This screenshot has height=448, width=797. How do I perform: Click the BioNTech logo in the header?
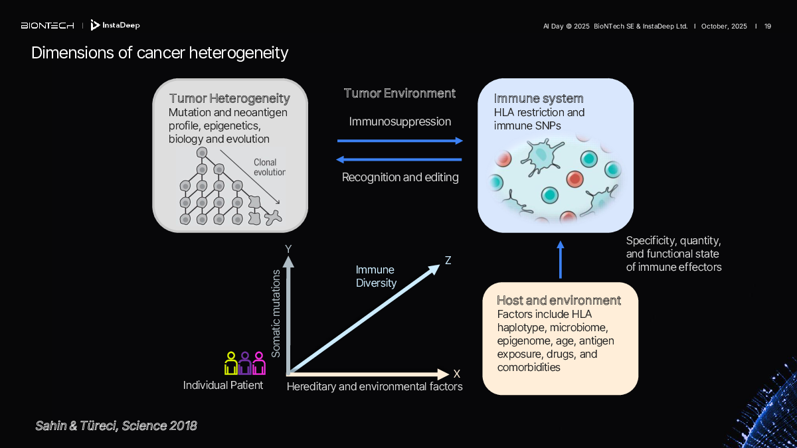46,26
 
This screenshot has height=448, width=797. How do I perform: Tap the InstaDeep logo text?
120,26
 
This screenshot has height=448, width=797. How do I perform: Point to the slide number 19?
768,26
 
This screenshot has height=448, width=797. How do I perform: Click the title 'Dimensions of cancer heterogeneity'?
159,52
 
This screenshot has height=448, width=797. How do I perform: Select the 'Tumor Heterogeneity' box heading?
229,99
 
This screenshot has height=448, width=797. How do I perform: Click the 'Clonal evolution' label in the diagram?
269,167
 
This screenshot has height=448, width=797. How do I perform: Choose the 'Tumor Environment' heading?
400,94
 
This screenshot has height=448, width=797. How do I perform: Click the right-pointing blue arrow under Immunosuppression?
400,141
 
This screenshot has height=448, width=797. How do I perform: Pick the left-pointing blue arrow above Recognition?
400,159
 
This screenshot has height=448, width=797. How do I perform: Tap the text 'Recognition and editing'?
400,178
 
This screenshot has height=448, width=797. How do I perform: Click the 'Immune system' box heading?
539,99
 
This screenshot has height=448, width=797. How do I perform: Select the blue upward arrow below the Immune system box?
560,260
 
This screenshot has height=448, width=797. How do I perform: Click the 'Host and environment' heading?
559,301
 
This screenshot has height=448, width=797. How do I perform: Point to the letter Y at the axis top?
288,249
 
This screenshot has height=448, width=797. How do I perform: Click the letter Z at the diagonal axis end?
448,261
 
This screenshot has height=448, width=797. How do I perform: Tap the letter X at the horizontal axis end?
457,374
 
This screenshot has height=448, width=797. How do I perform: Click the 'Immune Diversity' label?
376,276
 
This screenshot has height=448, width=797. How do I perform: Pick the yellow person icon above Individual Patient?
231,364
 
